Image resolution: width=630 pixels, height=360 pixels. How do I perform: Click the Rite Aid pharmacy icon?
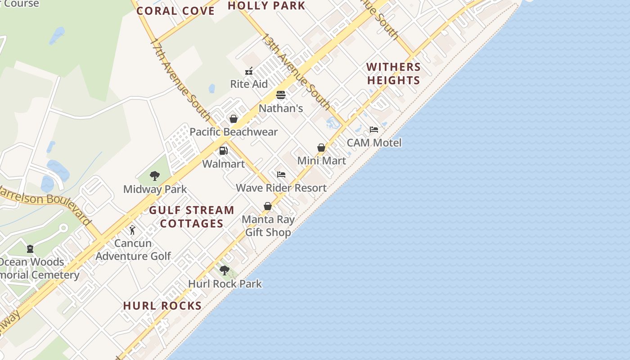click(x=249, y=71)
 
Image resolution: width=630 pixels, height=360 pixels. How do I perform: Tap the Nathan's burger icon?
click(x=281, y=95)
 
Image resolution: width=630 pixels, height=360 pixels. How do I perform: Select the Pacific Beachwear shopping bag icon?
click(x=234, y=119)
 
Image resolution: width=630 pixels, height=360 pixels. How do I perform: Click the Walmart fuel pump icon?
click(x=223, y=151)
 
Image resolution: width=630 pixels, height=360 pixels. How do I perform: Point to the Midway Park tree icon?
click(x=155, y=176)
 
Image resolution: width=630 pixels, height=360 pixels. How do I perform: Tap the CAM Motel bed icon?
click(x=374, y=130)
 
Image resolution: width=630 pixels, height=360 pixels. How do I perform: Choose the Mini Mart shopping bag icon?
click(x=321, y=148)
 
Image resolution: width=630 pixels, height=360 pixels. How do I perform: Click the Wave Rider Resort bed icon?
click(x=281, y=175)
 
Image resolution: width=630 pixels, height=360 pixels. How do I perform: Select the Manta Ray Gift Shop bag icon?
click(x=268, y=206)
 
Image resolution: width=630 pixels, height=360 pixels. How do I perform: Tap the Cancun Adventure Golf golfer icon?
click(x=132, y=230)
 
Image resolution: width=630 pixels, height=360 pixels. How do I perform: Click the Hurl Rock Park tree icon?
click(x=225, y=270)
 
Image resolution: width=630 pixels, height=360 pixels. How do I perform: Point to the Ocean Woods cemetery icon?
click(x=30, y=248)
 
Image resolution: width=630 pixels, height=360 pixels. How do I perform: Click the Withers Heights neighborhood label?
click(x=393, y=74)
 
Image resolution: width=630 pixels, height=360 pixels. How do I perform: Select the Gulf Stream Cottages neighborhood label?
click(x=192, y=216)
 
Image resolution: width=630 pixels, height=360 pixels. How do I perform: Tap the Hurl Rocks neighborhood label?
click(x=162, y=306)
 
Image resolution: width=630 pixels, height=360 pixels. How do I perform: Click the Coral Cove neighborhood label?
click(x=175, y=11)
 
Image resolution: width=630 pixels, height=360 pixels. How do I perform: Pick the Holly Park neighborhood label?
click(x=266, y=6)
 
